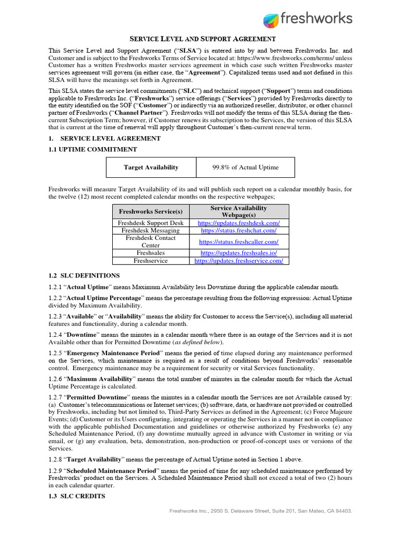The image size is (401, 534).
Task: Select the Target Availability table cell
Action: (x=151, y=167)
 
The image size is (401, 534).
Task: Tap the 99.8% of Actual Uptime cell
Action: (x=245, y=167)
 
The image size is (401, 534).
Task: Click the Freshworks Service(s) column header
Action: (x=151, y=211)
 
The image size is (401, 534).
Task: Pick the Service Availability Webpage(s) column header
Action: (x=238, y=211)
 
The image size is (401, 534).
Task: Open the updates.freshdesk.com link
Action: (x=239, y=223)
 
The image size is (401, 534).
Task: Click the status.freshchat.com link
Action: (x=239, y=230)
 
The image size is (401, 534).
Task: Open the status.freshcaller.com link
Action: (x=239, y=241)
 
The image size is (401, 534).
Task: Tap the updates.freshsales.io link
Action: (x=239, y=252)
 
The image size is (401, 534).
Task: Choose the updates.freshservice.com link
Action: (x=239, y=260)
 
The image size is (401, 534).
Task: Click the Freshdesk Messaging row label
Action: (x=151, y=230)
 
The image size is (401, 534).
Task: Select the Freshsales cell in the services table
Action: (x=151, y=252)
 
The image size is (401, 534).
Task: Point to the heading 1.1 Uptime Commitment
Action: (x=92, y=149)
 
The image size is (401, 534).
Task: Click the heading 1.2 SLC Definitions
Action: (x=84, y=275)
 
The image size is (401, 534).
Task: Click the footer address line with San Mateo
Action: (x=261, y=511)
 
